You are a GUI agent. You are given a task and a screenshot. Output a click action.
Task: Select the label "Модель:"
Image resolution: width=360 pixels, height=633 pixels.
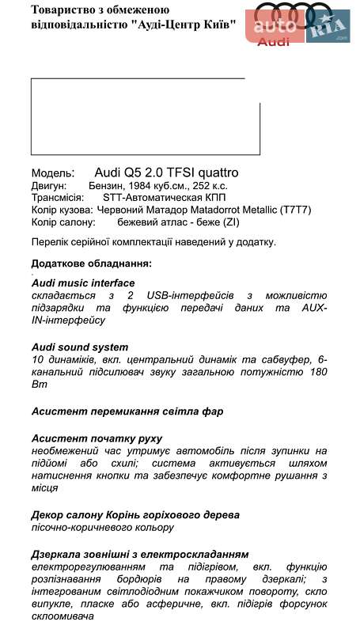tap(53, 173)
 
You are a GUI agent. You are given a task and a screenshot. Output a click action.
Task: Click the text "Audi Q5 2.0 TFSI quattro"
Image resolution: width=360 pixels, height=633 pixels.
tap(166, 172)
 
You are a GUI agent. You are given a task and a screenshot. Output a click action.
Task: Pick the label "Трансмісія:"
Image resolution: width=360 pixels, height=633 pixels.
tap(57, 198)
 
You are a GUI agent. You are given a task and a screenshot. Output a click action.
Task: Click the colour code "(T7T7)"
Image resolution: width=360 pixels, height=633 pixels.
tap(297, 210)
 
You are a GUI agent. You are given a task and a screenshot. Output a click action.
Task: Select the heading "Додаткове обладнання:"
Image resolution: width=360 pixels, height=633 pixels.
tap(92, 263)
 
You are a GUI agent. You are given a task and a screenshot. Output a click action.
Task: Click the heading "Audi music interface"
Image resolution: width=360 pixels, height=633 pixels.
tap(83, 282)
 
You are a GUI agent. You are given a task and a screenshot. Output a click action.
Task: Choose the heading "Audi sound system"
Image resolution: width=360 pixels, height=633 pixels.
tap(80, 347)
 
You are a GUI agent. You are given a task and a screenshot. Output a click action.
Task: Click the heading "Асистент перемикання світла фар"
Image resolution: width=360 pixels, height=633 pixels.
tap(127, 411)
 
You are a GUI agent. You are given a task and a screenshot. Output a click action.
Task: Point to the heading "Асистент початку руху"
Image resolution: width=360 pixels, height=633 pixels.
tap(97, 438)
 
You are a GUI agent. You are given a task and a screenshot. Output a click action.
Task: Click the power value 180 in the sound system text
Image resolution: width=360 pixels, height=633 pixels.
tap(318, 372)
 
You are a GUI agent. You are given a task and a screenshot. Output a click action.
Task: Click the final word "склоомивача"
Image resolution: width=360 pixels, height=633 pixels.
tap(64, 616)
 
